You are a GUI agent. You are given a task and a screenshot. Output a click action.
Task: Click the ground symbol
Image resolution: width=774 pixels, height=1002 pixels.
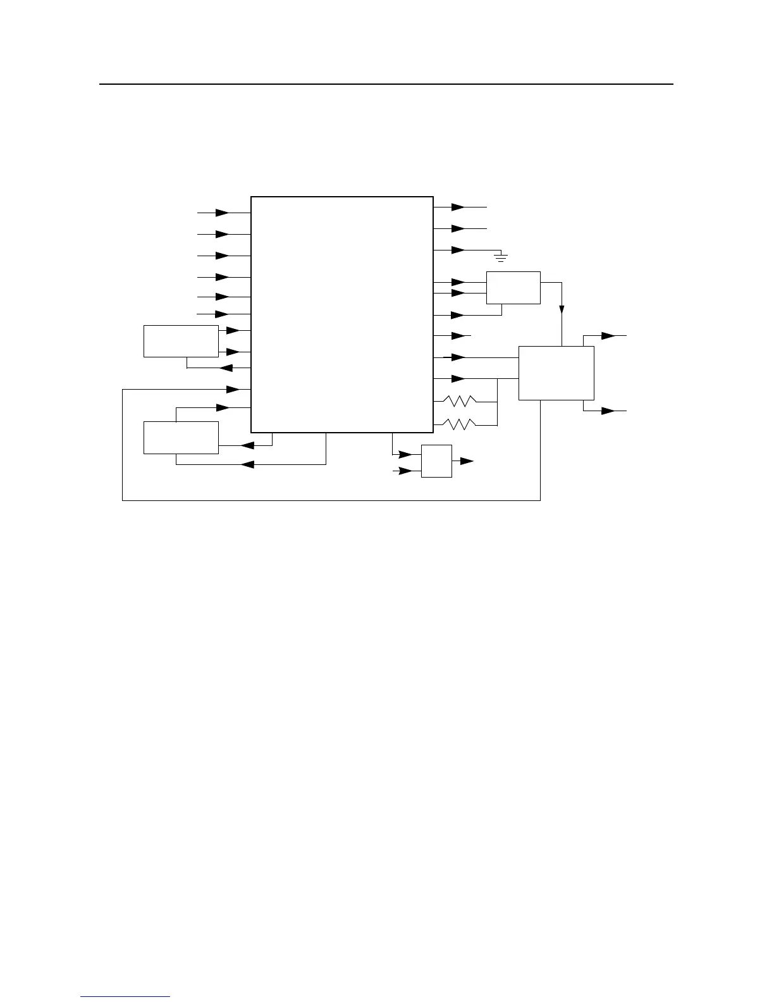click(501, 256)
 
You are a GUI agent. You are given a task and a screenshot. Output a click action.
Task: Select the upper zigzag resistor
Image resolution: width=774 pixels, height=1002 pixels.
click(459, 401)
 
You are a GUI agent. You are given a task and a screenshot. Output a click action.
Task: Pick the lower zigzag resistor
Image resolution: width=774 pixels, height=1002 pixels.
click(459, 424)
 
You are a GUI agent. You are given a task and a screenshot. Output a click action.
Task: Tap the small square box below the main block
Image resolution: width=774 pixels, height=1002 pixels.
click(436, 461)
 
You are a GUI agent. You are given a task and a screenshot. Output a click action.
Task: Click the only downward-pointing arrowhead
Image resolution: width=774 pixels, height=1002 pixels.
click(562, 308)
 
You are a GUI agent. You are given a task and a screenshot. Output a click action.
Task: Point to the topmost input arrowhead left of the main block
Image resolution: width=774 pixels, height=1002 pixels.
click(222, 213)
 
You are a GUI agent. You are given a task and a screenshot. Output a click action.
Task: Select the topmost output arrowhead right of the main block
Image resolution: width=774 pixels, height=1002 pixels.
click(458, 207)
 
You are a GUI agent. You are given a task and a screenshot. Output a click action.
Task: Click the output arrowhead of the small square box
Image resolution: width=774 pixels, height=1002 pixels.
click(467, 462)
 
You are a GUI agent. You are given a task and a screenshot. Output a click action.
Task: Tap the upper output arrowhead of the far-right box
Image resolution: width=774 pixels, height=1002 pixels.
click(608, 335)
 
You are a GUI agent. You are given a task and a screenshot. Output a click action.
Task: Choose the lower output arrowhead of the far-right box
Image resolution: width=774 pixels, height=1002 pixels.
click(608, 411)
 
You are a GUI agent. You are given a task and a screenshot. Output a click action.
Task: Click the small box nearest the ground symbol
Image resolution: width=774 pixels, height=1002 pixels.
click(513, 287)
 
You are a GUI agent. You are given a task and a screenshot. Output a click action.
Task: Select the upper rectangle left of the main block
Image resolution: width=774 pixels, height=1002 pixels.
click(181, 342)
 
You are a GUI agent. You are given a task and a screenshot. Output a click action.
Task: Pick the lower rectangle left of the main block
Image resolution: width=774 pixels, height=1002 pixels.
click(181, 437)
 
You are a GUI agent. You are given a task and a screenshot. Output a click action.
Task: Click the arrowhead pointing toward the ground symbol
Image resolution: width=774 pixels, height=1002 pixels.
click(458, 250)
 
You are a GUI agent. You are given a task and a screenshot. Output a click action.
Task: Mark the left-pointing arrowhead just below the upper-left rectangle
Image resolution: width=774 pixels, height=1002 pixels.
click(226, 368)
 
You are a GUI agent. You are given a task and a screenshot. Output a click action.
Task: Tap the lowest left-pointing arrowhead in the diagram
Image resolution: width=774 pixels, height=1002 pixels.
click(247, 464)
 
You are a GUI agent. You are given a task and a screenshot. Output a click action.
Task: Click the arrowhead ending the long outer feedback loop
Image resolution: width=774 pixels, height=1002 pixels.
click(232, 388)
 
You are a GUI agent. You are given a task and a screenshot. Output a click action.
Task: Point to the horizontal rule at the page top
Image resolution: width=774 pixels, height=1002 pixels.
click(386, 83)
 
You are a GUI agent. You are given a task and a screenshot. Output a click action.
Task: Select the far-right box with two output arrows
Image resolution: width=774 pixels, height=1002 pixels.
click(556, 373)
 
